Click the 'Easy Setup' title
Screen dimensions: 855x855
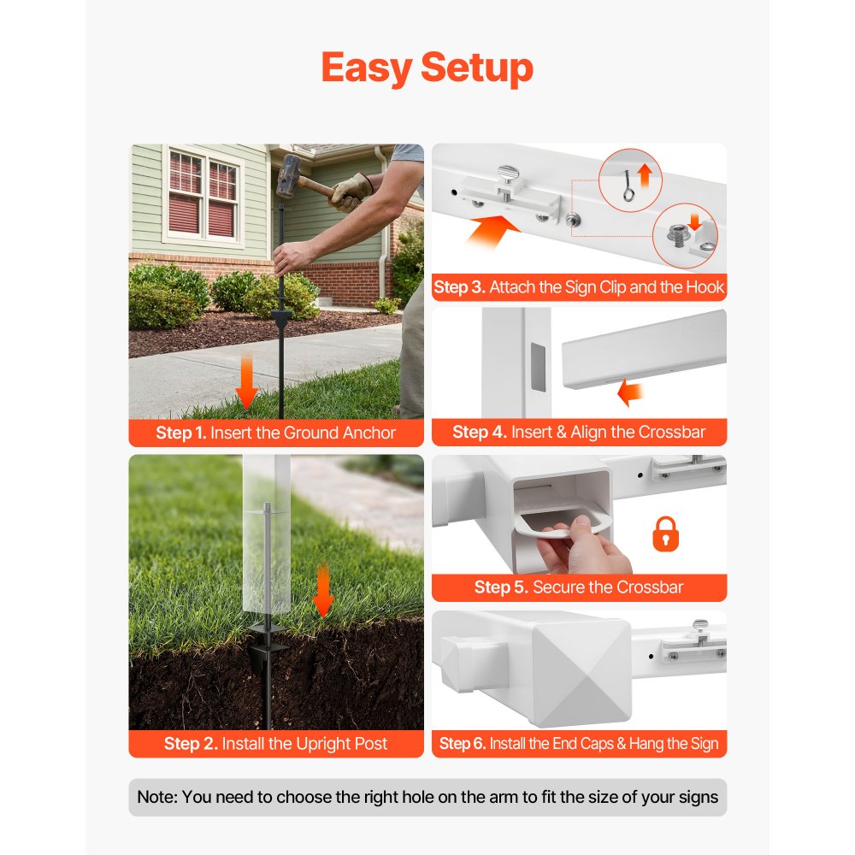(x=427, y=68)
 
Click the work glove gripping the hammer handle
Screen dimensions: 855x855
(x=351, y=192)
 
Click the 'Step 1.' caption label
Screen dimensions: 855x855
(x=180, y=433)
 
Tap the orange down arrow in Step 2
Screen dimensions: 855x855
(x=322, y=591)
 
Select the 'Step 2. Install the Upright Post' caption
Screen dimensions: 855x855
(x=275, y=744)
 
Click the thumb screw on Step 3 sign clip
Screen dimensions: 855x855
(x=505, y=179)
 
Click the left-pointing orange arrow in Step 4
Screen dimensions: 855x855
(x=629, y=394)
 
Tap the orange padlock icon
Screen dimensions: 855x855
(x=665, y=535)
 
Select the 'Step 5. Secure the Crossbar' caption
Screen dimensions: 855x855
(x=579, y=587)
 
